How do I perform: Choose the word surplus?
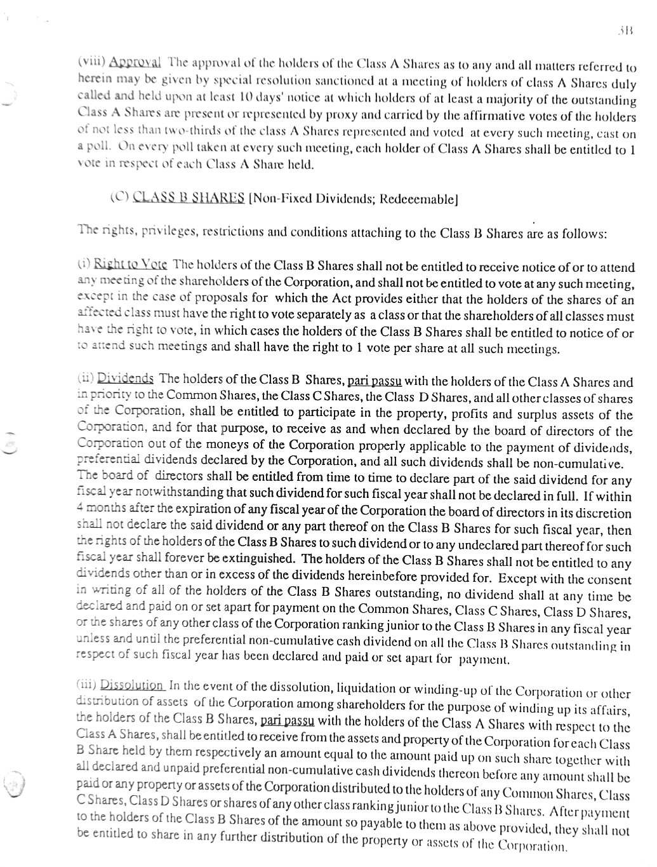515,415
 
